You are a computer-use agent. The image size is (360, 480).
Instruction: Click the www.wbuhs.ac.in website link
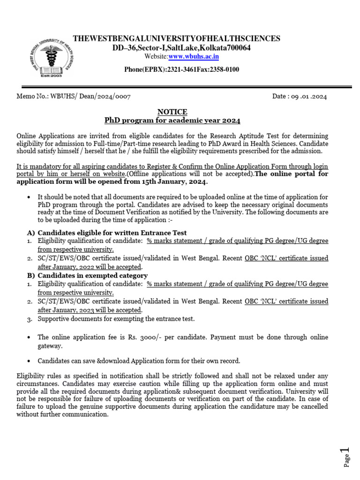[x=187, y=57]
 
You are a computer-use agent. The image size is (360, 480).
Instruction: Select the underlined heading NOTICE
[x=172, y=112]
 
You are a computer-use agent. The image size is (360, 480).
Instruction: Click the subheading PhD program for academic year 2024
[x=172, y=120]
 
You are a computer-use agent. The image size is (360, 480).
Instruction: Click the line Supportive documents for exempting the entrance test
[x=115, y=319]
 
